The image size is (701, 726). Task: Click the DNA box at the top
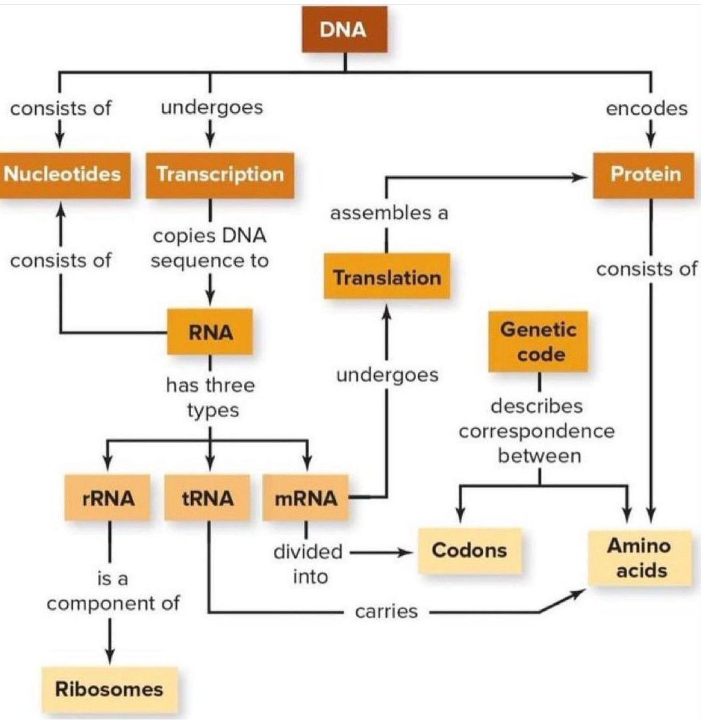(x=344, y=29)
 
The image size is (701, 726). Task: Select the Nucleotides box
(x=63, y=174)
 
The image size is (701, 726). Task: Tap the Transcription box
(x=220, y=174)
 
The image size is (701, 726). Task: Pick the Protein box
(x=646, y=174)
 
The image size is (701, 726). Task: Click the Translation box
(x=387, y=278)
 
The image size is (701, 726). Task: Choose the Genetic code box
(x=538, y=341)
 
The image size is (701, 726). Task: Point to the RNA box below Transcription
(x=210, y=332)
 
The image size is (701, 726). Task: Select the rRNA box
(x=108, y=499)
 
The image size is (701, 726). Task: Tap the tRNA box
(x=207, y=499)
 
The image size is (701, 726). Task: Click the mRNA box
(x=306, y=499)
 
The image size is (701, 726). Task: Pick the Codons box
(x=469, y=550)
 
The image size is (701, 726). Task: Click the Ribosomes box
(x=109, y=690)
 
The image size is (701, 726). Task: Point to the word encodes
(x=647, y=108)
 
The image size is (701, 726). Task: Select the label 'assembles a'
(x=389, y=213)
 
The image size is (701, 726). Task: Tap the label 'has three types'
(x=210, y=398)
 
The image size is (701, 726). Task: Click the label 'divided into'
(x=308, y=564)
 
